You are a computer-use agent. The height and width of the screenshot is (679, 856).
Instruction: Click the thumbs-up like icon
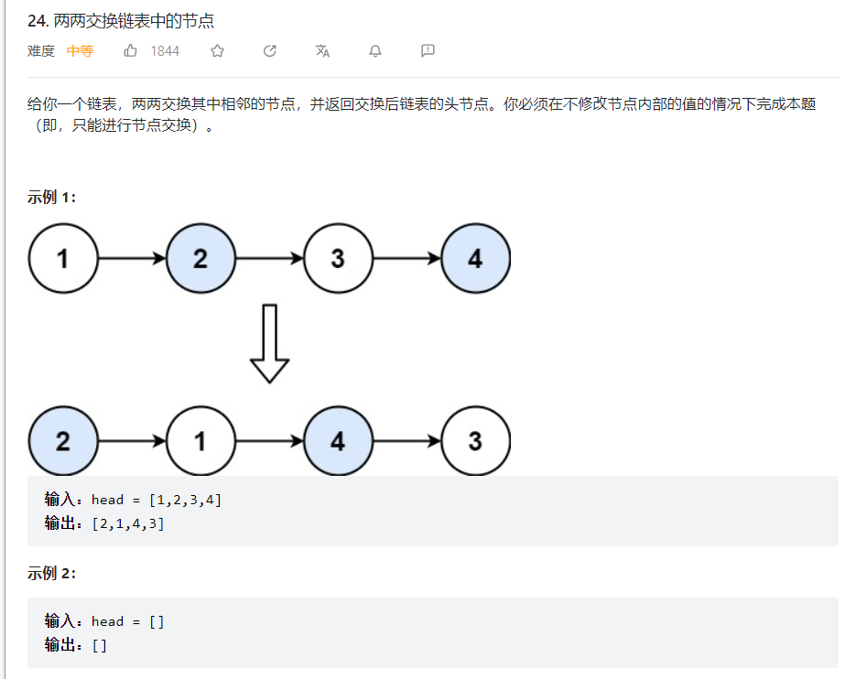pos(131,51)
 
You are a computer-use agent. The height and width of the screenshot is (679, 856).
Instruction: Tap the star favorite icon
pos(217,51)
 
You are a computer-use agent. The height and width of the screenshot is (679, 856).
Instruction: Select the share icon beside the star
pos(270,51)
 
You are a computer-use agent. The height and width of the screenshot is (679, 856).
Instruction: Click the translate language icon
pos(322,51)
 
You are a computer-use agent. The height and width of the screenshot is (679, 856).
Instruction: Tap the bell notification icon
pos(374,51)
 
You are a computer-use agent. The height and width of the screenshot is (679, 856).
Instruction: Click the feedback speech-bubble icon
pos(428,51)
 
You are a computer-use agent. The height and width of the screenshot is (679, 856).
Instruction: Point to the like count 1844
pos(165,51)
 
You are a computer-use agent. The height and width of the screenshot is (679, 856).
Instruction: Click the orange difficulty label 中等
pos(80,51)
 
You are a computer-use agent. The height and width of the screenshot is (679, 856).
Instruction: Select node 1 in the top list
pos(63,259)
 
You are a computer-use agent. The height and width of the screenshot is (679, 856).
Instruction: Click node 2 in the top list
pos(200,259)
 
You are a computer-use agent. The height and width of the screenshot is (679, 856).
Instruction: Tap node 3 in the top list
pos(338,259)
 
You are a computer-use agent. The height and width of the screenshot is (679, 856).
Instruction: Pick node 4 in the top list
pos(475,259)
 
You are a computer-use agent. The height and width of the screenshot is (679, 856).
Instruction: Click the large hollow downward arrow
pos(269,344)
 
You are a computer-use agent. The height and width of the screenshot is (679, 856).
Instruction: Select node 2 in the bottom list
pos(63,441)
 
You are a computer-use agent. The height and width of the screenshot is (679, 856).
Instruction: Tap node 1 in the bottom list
pos(200,441)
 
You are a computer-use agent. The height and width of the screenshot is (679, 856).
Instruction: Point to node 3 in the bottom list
pos(475,441)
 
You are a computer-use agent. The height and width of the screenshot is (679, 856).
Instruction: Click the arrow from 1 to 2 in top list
pos(132,259)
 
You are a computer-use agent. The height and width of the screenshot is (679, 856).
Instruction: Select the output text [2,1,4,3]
pos(128,524)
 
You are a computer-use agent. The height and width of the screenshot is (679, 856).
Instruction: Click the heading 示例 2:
pos(52,574)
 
